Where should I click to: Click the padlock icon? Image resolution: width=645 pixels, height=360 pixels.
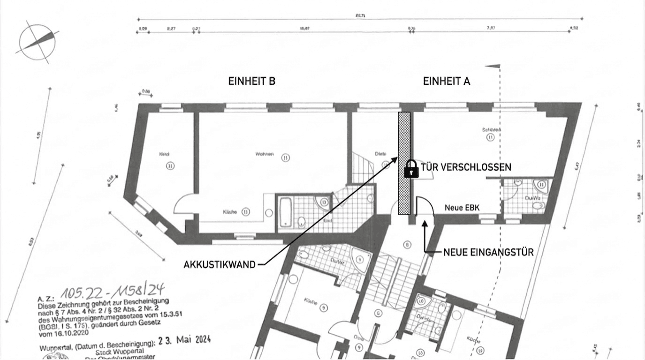tap(411, 169)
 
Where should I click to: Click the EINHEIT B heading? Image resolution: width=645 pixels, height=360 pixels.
tap(251, 81)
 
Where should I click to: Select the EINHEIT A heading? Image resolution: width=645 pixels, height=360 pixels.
tap(447, 81)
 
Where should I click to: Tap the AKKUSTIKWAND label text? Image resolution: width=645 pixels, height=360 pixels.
tap(220, 264)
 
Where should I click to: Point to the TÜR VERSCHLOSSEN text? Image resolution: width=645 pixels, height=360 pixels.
tap(466, 167)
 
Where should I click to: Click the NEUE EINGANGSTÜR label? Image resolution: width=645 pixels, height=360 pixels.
tap(488, 252)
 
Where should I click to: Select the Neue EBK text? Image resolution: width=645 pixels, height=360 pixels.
tap(462, 207)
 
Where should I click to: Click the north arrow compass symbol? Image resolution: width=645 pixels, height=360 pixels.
tap(38, 42)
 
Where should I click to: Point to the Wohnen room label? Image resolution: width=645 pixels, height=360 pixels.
tap(265, 154)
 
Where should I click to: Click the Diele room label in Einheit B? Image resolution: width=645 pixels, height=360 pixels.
tap(380, 153)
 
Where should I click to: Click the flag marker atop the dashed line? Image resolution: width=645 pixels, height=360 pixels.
tap(493, 66)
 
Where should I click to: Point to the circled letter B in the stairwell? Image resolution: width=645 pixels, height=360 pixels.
tap(408, 244)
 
